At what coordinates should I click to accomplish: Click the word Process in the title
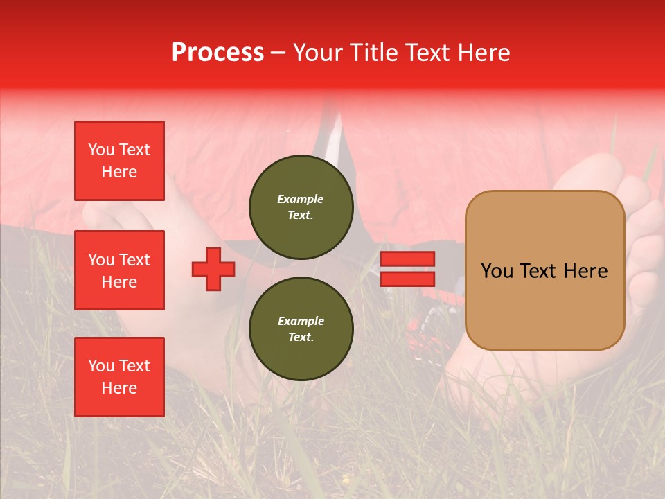[218, 53]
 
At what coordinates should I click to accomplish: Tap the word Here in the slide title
[480, 53]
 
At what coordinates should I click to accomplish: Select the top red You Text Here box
[119, 161]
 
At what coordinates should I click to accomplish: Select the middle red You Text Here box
[119, 270]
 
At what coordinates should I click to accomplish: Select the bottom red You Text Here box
[119, 377]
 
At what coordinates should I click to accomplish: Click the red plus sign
[213, 269]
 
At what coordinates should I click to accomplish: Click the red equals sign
[407, 269]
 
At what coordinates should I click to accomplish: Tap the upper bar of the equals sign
[407, 259]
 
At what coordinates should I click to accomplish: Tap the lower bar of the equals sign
[407, 279]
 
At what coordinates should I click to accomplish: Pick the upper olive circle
[301, 207]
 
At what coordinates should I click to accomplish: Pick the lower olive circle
[301, 329]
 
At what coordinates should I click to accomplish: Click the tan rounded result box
[544, 270]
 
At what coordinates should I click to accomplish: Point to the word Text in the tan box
[538, 271]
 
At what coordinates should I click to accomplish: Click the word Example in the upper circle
[301, 199]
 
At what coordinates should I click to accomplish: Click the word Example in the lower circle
[301, 321]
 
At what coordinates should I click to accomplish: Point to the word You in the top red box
[100, 150]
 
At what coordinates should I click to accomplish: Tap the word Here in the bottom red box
[119, 388]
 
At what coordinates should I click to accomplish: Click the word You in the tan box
[497, 271]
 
